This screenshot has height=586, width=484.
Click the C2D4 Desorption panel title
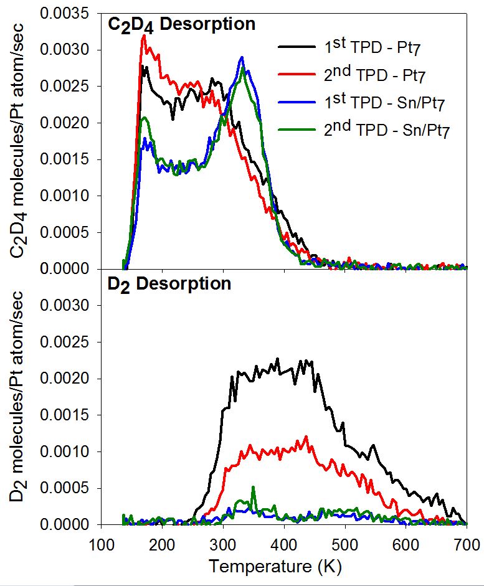click(181, 25)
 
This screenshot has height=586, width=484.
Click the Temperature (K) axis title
click(275, 567)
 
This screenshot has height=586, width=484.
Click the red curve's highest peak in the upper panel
click(144, 37)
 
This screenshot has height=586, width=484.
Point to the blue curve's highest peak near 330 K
click(242, 57)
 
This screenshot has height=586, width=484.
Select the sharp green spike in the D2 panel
click(253, 487)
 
